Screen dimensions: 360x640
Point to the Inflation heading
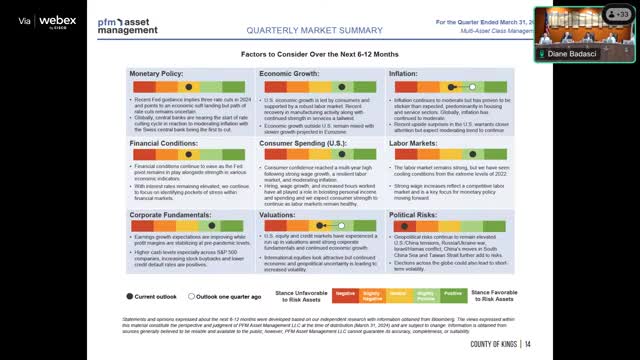click(x=404, y=74)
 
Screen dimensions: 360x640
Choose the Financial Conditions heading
click(x=165, y=143)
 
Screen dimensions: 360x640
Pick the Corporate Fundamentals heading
click(x=172, y=214)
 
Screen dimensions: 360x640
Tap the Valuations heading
click(x=279, y=214)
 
